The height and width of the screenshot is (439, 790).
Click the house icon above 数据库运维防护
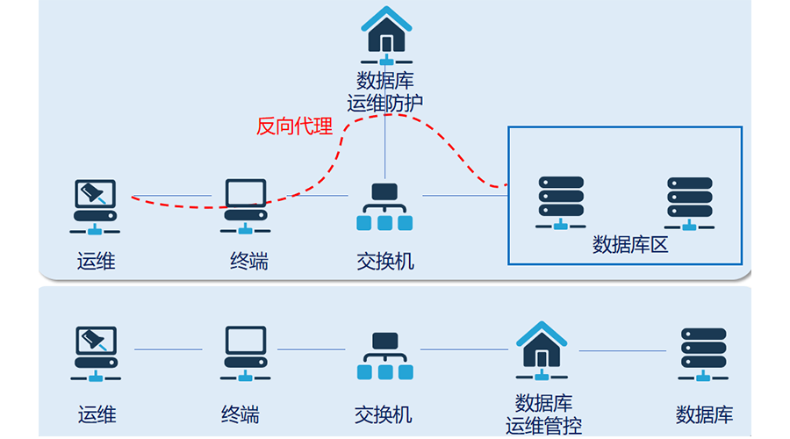click(387, 34)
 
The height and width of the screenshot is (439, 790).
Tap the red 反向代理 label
click(294, 126)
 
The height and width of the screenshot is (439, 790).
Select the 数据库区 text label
click(630, 244)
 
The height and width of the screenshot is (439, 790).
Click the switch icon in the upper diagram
click(384, 207)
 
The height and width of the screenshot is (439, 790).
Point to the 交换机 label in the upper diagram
click(384, 261)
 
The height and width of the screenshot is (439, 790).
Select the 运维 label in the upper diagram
click(96, 261)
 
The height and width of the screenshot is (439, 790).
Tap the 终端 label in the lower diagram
click(241, 414)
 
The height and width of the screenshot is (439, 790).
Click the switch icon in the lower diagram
click(383, 356)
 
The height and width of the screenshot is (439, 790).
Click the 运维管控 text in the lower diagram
click(543, 427)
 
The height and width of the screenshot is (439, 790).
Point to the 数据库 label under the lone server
click(704, 414)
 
